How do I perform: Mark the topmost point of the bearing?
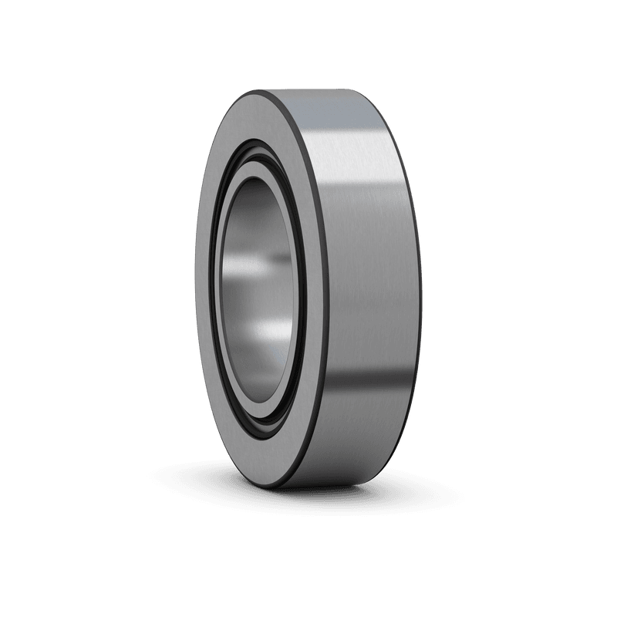pos(308,89)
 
